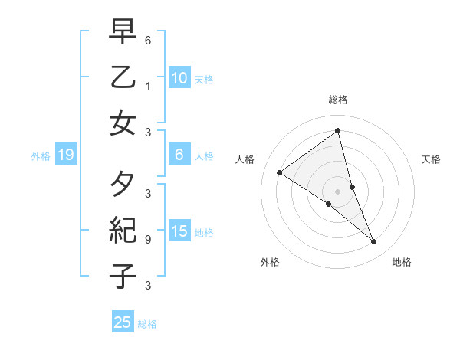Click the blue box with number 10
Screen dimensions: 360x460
(179, 78)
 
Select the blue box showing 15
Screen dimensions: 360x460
(179, 232)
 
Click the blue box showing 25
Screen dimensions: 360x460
(123, 322)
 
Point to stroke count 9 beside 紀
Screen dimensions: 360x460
(148, 239)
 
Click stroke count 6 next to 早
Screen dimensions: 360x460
(148, 40)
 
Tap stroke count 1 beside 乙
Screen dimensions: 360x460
(148, 87)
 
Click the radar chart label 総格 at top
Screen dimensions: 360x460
(338, 100)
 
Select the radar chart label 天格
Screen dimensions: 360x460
(432, 159)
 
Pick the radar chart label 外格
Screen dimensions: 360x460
(270, 262)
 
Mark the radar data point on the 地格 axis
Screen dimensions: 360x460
(374, 242)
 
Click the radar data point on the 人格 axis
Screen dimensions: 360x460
(279, 172)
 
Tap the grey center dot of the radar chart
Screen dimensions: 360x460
(338, 191)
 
